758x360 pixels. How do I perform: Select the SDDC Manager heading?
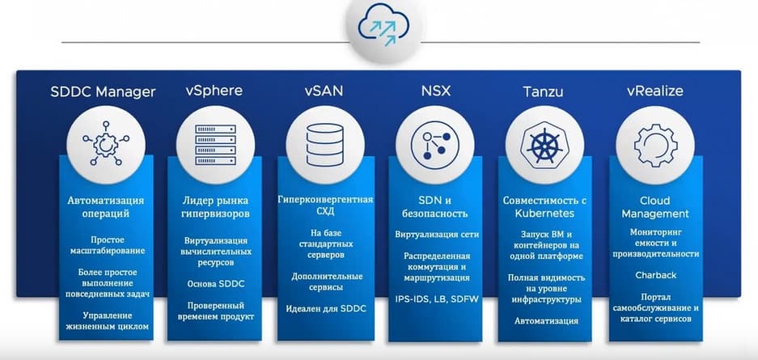[103, 91]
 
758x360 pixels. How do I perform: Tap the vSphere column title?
[214, 91]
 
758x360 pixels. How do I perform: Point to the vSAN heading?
[324, 91]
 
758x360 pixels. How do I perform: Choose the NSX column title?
[436, 91]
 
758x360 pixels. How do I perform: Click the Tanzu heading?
[543, 91]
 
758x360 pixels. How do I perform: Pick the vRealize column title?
[655, 91]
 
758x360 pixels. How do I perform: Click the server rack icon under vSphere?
[216, 145]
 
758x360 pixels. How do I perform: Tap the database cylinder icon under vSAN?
[325, 145]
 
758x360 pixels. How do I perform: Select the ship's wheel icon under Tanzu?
[544, 145]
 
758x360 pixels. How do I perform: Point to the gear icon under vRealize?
[655, 145]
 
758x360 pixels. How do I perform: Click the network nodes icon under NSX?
[435, 145]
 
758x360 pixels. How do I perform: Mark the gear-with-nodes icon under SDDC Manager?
[106, 144]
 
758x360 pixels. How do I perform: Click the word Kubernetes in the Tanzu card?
[544, 213]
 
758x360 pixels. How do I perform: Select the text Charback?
[655, 275]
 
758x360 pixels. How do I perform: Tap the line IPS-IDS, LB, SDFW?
[437, 299]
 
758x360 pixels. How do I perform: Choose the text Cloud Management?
[655, 207]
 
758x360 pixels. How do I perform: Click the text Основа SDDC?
[216, 284]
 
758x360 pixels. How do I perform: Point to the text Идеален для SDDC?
[326, 309]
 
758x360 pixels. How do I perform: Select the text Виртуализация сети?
[437, 235]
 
